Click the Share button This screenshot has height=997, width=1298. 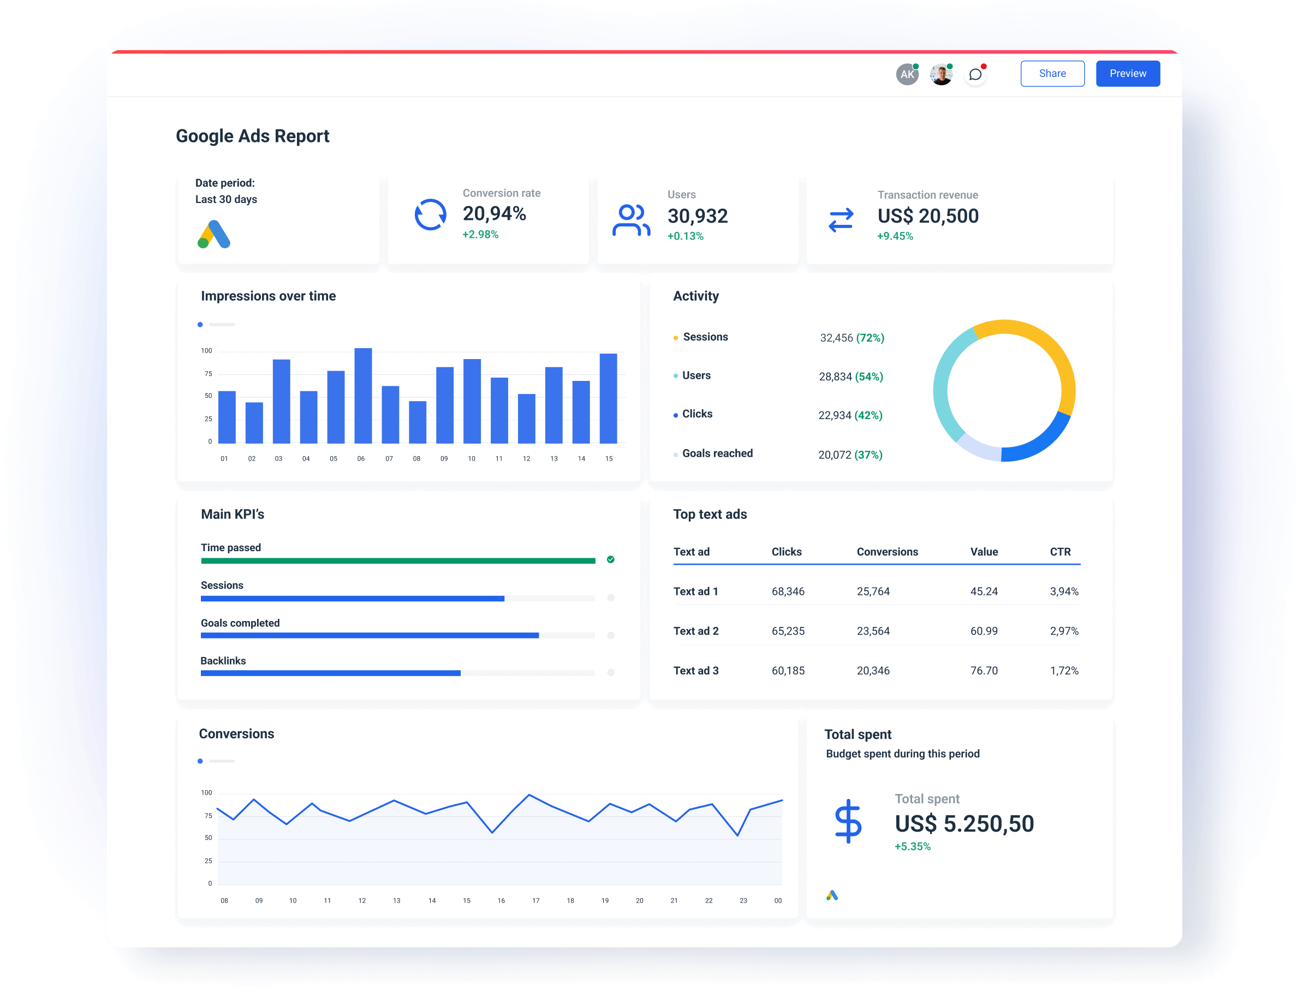[x=1052, y=74]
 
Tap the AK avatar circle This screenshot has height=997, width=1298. [x=907, y=75]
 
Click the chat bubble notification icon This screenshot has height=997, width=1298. [x=975, y=75]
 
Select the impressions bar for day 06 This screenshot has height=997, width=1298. [x=362, y=396]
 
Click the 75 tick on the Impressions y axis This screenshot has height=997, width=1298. [x=208, y=374]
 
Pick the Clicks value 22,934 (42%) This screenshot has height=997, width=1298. [x=850, y=415]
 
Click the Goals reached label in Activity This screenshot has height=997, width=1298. [x=717, y=453]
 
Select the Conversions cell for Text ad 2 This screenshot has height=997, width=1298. [x=873, y=631]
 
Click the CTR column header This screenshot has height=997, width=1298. [x=1060, y=552]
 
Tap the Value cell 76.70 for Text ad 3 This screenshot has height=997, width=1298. [x=984, y=671]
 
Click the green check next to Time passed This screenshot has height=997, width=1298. [x=611, y=560]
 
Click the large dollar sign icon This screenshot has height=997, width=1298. [x=848, y=821]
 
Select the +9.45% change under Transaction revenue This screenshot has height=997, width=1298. [x=895, y=236]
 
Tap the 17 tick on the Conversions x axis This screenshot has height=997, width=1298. [x=535, y=900]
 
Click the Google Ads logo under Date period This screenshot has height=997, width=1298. [x=213, y=235]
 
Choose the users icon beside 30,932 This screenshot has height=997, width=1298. [x=631, y=220]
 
